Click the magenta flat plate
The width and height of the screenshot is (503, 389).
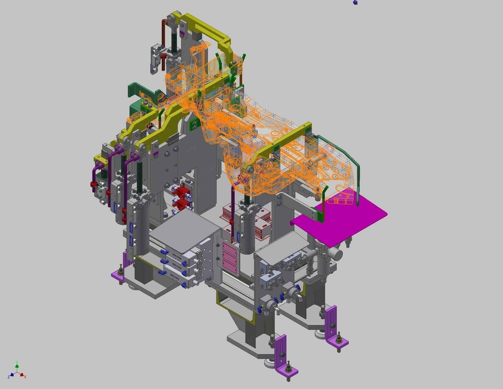coord(342,220)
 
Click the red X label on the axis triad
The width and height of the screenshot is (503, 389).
coord(25,377)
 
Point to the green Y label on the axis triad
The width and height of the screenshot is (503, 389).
coord(17,363)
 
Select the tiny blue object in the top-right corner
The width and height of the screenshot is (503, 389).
coord(355,3)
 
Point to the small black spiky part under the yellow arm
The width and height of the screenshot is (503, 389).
coord(149,126)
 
